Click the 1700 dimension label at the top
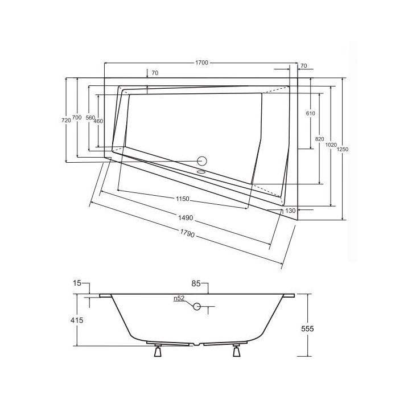click(200, 61)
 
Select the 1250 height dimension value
click(342, 149)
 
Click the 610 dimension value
click(310, 114)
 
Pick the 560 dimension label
click(89, 118)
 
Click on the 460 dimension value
click(98, 121)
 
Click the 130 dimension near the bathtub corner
click(290, 211)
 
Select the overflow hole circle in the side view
click(196, 307)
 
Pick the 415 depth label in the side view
click(77, 320)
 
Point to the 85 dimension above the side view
click(197, 283)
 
